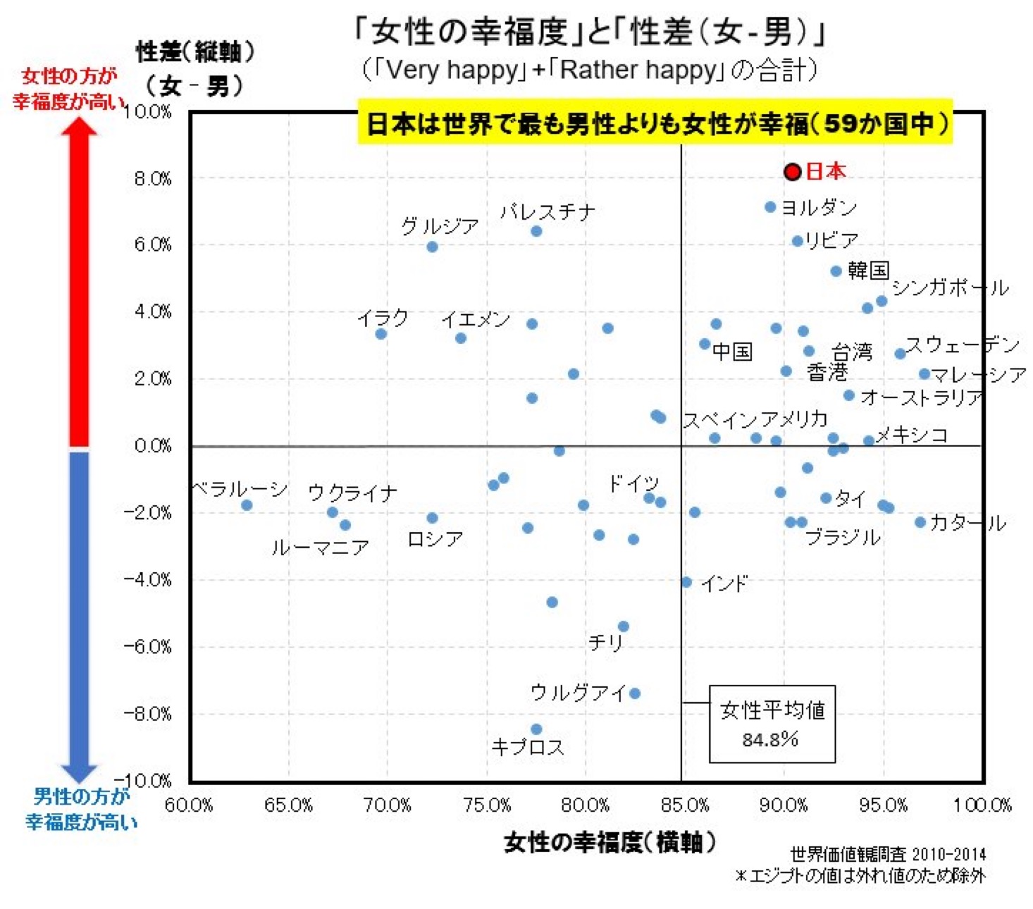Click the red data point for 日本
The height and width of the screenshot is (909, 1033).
tap(793, 172)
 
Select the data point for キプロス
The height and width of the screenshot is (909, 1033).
tap(536, 729)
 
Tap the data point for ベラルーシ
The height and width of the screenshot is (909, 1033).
tap(247, 505)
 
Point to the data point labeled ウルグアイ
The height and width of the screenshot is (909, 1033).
tap(635, 693)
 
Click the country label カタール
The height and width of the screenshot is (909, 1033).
tap(967, 523)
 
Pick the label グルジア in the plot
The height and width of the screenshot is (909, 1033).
tap(440, 226)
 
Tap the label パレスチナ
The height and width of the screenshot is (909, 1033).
tap(548, 211)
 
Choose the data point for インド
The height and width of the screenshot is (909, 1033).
tap(686, 582)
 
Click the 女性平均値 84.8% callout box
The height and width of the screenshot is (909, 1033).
tap(772, 724)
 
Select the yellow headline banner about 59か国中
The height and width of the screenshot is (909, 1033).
tap(655, 123)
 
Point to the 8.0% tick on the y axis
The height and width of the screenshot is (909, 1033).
tap(153, 179)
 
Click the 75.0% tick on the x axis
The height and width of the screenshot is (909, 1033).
tap(487, 805)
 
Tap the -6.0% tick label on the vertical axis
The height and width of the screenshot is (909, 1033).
tap(148, 647)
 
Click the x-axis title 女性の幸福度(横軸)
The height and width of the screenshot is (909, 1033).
tap(610, 842)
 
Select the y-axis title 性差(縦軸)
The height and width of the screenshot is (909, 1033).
tap(194, 51)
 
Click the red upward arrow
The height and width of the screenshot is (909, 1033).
tap(79, 282)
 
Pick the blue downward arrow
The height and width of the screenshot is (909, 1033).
tap(79, 613)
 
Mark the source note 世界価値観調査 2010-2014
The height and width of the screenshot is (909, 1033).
tap(888, 854)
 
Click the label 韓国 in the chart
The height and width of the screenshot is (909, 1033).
tap(868, 271)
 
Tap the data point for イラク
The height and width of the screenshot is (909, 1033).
tap(381, 334)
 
